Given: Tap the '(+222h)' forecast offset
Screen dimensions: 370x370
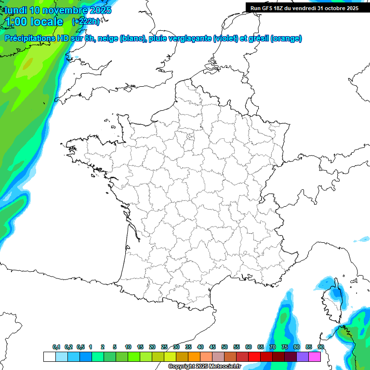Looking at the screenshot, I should click(x=85, y=22).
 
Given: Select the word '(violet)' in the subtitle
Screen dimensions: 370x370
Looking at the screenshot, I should click(x=225, y=39).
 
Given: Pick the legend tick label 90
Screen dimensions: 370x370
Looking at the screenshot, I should click(x=320, y=347).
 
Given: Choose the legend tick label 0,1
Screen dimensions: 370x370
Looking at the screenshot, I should click(x=56, y=347).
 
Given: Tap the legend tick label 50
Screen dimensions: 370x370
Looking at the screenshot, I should click(x=225, y=347).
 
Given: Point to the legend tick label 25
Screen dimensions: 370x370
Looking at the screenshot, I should click(x=164, y=347).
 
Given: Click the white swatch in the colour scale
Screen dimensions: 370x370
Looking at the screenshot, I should click(x=49, y=357).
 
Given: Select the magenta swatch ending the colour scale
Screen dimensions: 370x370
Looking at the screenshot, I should click(x=315, y=357).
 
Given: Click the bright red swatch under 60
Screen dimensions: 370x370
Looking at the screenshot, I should click(x=254, y=357).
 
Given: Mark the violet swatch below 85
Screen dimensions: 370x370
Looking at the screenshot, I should click(x=303, y=357).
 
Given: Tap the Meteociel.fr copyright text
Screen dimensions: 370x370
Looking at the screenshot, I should click(x=204, y=367).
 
